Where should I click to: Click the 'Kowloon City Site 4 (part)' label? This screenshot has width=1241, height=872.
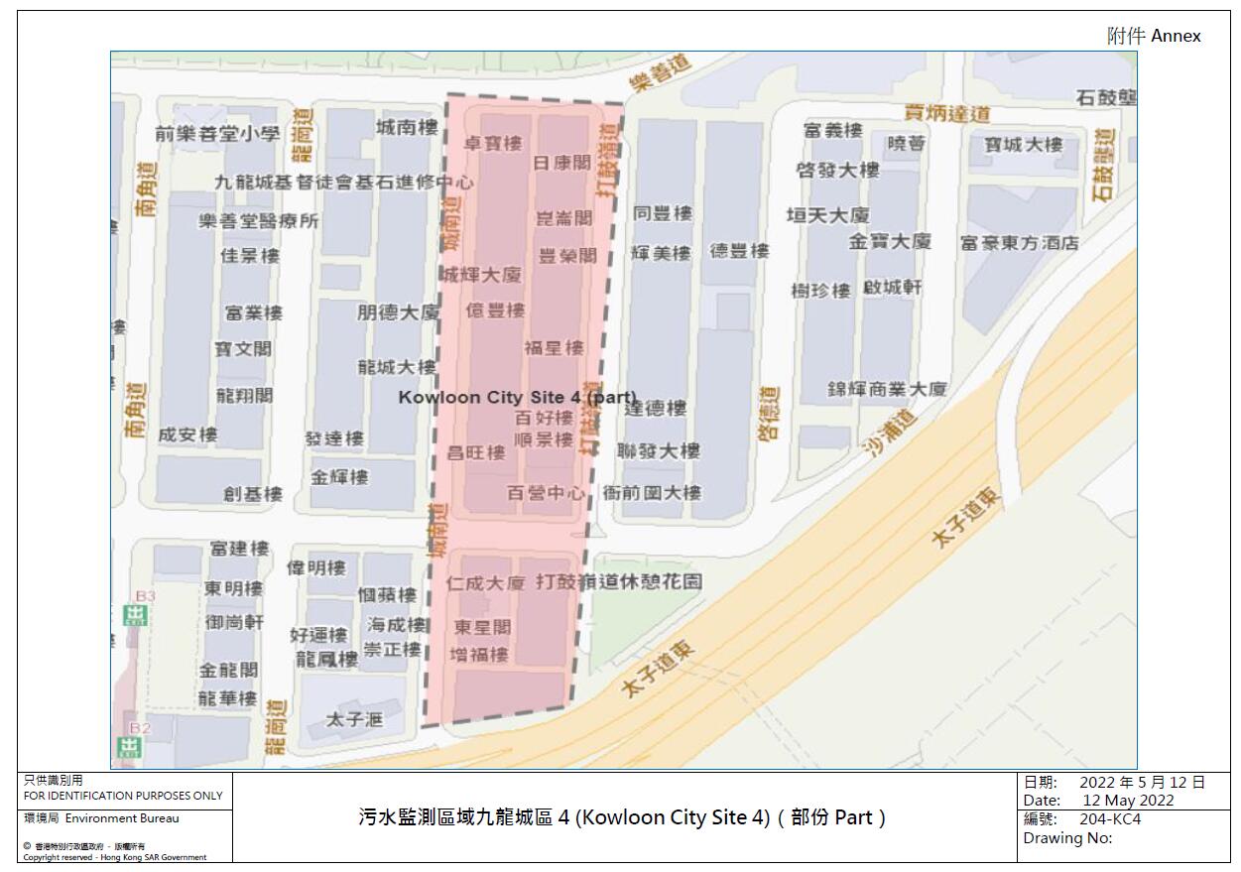click(x=517, y=397)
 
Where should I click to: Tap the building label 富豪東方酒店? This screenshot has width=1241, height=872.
click(x=1019, y=243)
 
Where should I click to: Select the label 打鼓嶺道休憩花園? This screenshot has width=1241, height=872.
click(x=618, y=581)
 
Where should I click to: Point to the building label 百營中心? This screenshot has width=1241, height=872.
click(x=546, y=492)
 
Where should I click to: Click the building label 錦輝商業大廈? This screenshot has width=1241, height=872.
click(x=887, y=390)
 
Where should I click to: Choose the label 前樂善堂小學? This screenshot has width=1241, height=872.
click(x=217, y=134)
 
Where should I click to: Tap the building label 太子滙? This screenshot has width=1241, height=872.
click(x=354, y=719)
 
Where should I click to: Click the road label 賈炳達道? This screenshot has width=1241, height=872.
click(x=947, y=113)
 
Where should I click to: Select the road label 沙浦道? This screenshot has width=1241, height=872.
click(x=890, y=433)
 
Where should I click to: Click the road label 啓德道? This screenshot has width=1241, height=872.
click(x=769, y=413)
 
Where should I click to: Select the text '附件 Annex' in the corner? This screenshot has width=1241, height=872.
click(x=1153, y=36)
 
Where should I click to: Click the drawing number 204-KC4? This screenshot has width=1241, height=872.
click(x=1109, y=819)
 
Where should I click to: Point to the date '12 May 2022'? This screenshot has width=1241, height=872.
click(x=1128, y=800)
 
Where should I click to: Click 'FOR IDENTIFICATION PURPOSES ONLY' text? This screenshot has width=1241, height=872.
click(x=123, y=796)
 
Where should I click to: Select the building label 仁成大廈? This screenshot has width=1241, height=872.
click(x=485, y=583)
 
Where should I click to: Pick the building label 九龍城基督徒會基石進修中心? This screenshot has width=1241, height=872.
click(x=344, y=183)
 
